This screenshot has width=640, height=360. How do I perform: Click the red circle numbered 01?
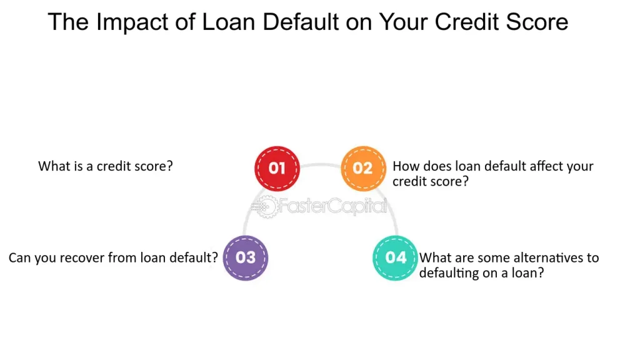click(x=277, y=168)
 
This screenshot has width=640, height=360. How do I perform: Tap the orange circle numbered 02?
click(x=362, y=168)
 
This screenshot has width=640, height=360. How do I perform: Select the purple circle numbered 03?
click(x=246, y=257)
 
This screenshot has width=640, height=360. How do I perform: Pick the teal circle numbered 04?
click(x=396, y=257)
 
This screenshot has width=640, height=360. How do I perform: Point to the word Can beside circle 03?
click(x=21, y=257)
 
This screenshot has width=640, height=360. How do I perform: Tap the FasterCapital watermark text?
click(x=332, y=206)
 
